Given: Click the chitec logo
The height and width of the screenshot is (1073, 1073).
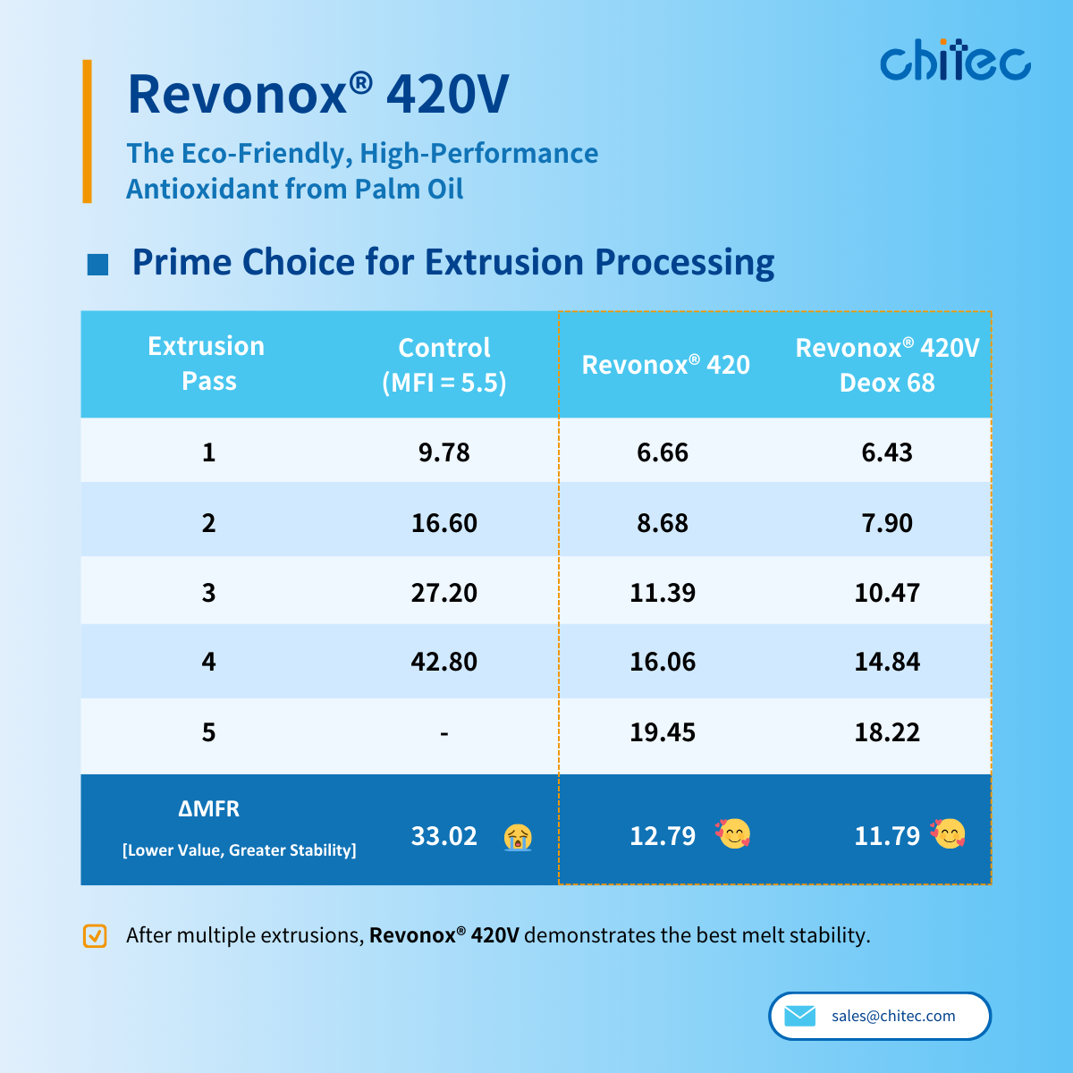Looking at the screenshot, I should tap(955, 61).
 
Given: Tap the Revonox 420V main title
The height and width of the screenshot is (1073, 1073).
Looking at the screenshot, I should tap(318, 94).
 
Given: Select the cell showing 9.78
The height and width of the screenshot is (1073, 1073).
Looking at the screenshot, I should tap(444, 452).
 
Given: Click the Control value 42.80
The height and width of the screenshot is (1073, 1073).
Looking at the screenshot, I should tap(444, 662).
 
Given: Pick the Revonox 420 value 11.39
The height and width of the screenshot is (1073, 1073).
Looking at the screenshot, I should tap(663, 593).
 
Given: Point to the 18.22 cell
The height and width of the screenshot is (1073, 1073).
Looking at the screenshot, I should tap(887, 732).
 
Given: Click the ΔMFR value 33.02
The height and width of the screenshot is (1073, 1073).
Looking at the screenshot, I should tap(444, 836).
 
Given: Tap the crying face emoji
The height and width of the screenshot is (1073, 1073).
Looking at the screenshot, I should tap(518, 837).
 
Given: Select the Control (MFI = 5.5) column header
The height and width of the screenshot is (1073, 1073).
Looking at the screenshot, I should tap(444, 365).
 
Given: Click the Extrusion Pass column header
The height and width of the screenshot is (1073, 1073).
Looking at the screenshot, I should tap(207, 364).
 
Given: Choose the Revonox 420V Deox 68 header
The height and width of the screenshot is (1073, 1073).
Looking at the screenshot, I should tap(887, 365).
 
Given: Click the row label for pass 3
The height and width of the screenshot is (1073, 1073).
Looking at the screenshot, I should tap(208, 593).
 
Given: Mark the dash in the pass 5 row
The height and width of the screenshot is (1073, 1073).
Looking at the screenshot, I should tap(444, 733).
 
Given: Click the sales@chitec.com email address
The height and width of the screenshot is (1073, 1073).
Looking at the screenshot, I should tap(893, 1016).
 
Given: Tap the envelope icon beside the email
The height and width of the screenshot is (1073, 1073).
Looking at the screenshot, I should tap(799, 1016).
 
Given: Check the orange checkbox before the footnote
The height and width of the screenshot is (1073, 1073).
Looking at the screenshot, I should tap(95, 935).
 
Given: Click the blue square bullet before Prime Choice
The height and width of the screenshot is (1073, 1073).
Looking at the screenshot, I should tap(97, 264).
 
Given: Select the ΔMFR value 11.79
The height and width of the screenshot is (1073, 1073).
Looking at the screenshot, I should tap(887, 836).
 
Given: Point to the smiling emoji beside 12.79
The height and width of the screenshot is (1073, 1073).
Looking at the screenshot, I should tap(733, 834).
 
